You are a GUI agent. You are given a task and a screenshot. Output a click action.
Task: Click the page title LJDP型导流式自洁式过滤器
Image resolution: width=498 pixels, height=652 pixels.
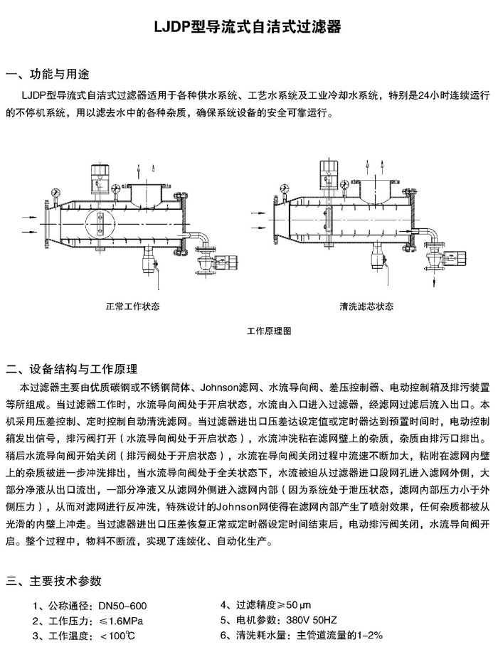[x=248, y=27]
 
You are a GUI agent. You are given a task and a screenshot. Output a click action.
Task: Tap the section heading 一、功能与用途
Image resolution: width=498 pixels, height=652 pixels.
[x=48, y=75]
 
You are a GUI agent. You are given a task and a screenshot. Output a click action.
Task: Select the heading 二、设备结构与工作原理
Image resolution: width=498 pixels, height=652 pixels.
[x=72, y=369]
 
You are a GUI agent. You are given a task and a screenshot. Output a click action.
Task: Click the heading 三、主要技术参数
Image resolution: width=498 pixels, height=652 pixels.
[x=53, y=581]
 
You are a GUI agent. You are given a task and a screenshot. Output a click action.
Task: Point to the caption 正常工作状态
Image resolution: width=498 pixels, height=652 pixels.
[x=133, y=307]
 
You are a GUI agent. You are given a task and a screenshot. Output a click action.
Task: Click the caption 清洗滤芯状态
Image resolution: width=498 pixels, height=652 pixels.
[x=366, y=307]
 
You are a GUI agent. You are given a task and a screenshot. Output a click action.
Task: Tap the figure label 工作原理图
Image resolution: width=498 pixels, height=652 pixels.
[x=269, y=331]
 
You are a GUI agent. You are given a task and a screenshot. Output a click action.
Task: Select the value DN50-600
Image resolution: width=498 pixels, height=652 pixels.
[x=123, y=606]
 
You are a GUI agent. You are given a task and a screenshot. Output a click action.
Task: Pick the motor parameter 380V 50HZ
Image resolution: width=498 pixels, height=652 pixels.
[x=312, y=620]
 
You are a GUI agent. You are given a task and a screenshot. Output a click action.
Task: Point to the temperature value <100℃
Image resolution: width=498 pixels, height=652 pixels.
[x=117, y=636]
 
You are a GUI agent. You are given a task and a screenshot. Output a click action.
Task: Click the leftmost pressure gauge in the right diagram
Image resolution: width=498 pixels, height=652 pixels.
[x=286, y=188]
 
